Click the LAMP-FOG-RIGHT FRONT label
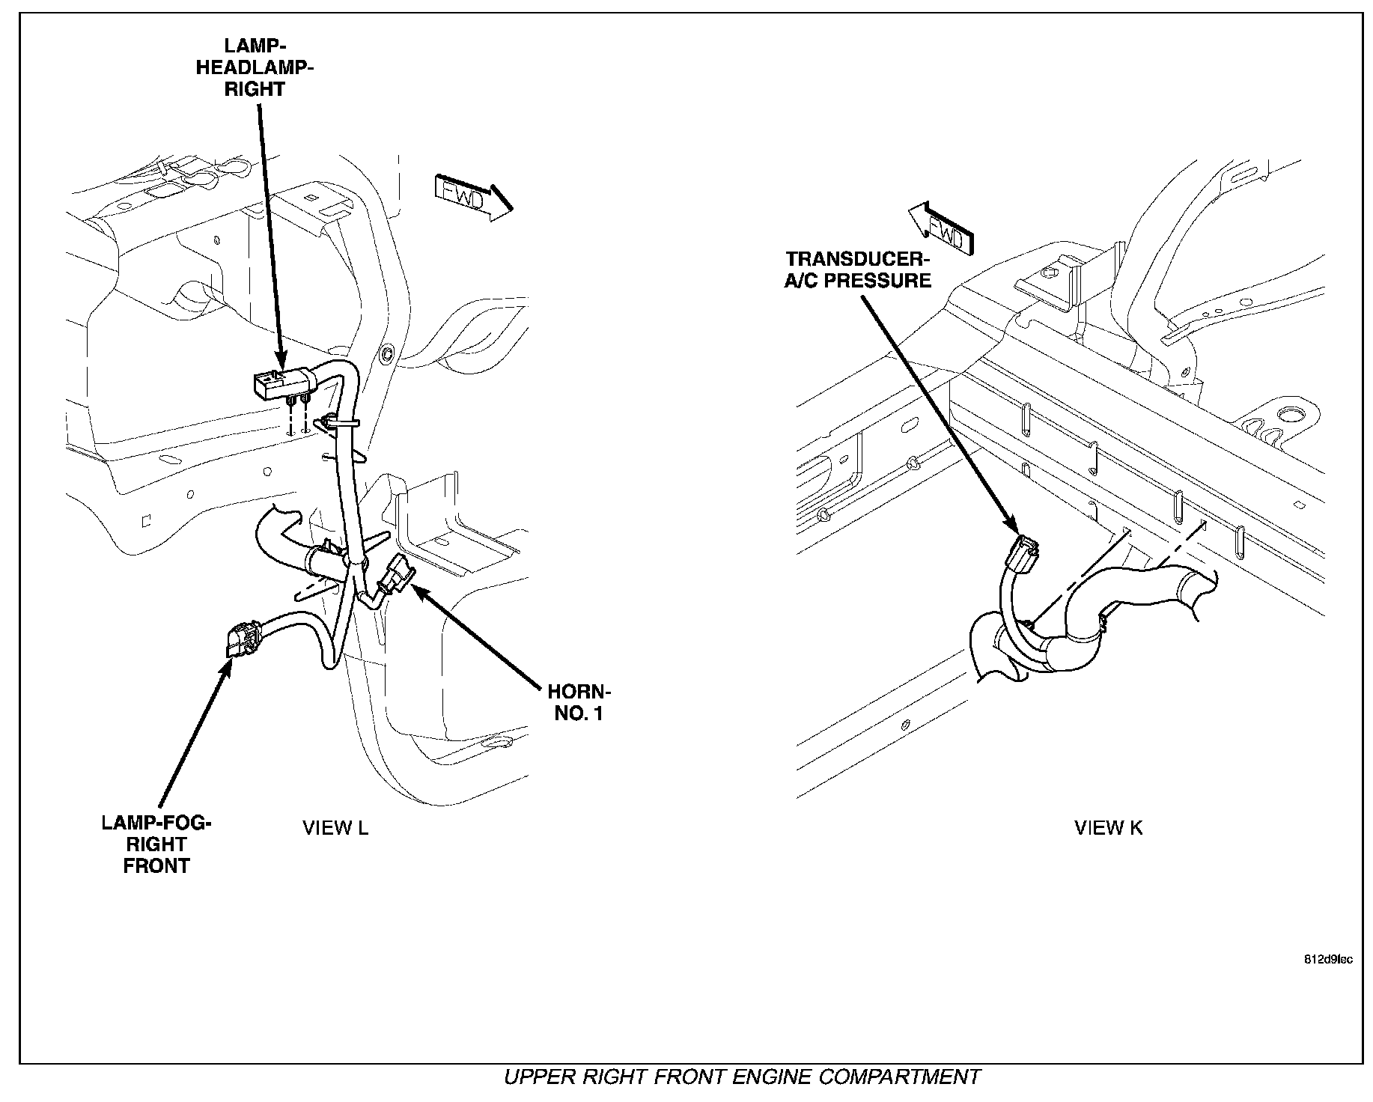coord(156,844)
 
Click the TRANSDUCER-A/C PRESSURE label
coord(858,270)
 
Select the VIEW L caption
coord(335,828)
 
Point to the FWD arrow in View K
coord(940,229)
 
